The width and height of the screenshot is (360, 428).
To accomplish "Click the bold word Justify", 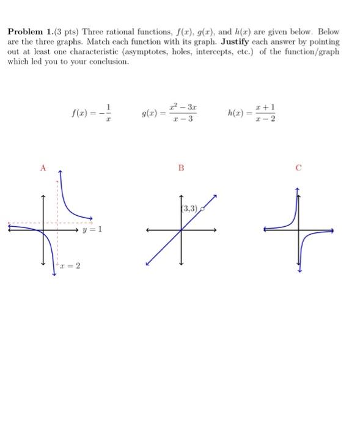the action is tap(233, 41).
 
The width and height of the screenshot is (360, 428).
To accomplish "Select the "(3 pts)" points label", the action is tap(65, 31).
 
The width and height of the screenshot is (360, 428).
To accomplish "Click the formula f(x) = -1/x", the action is tap(92, 113).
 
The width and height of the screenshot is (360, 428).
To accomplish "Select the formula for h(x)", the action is tap(251, 113).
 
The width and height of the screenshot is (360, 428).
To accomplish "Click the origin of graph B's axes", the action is tap(182, 230).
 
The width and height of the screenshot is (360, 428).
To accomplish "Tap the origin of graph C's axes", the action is tap(299, 230).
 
